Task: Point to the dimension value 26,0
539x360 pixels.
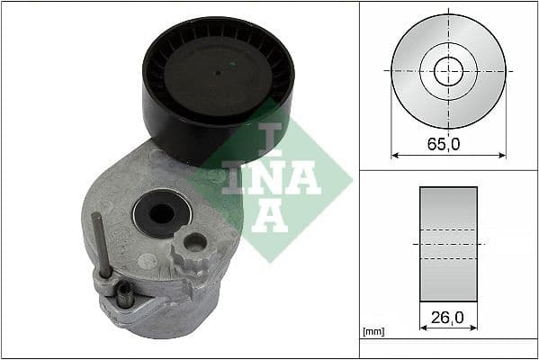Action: coord(448,317)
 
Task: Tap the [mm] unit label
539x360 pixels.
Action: coord(373,332)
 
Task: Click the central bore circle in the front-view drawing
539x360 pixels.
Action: coord(448,70)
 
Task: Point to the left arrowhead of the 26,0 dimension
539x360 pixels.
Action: coord(423,329)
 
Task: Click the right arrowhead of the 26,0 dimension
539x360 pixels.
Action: coord(473,329)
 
